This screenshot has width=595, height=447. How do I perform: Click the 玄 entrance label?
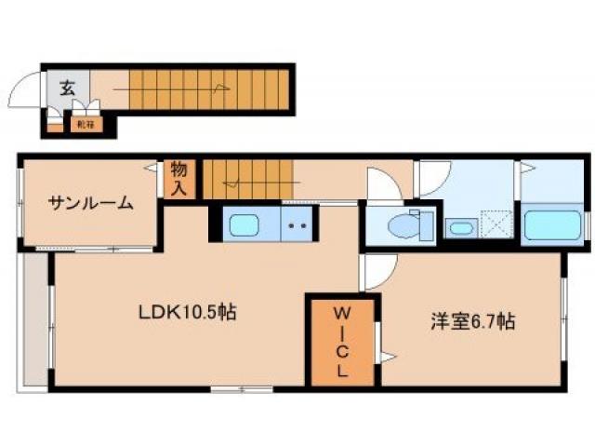[x=68, y=88]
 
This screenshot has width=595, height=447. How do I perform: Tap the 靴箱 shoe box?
[x=86, y=121]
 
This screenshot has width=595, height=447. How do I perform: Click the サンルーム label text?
[x=89, y=204]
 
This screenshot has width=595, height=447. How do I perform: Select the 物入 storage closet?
[x=178, y=178]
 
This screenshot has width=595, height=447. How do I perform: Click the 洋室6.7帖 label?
[x=472, y=322]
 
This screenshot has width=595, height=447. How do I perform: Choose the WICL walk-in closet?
[x=342, y=340]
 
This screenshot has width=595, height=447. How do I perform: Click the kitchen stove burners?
[x=297, y=225]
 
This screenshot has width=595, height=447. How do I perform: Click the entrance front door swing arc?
[x=22, y=91]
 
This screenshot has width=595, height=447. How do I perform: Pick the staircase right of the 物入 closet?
[x=247, y=177]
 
